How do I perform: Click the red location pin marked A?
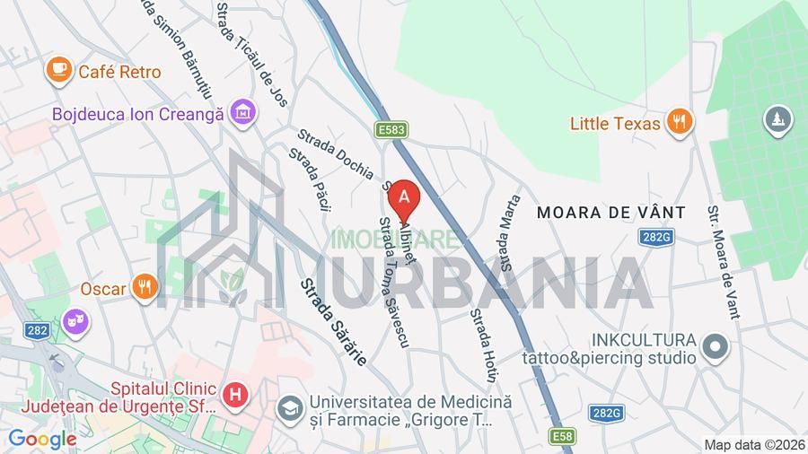[405, 196]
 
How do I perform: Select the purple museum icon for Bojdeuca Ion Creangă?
[242, 113]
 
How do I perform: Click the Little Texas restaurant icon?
[681, 122]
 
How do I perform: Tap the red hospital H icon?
[235, 393]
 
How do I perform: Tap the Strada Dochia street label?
[335, 153]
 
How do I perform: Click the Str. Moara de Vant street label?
[723, 262]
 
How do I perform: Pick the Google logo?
[42, 440]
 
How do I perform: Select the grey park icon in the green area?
[774, 119]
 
